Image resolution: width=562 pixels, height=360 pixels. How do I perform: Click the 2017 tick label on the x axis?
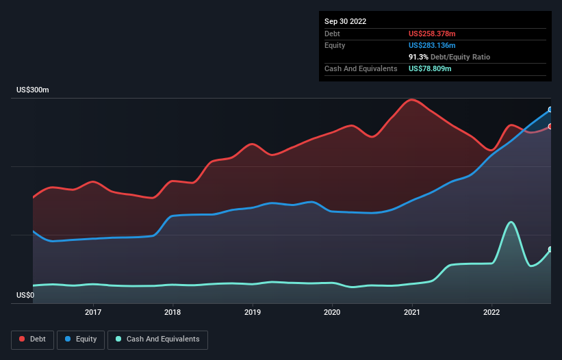click(93, 312)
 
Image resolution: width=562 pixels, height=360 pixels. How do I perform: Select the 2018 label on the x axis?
click(173, 312)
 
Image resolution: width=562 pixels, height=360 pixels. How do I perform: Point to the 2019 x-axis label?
click(253, 312)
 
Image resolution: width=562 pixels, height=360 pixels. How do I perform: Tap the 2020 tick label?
click(332, 312)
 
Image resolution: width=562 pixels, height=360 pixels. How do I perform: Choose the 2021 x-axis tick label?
click(412, 312)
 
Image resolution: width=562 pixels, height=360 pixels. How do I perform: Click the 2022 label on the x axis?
click(491, 312)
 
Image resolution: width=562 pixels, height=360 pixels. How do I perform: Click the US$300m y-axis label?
click(34, 90)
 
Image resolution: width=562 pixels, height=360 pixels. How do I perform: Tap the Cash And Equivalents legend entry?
click(157, 339)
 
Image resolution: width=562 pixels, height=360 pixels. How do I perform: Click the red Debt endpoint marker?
click(550, 126)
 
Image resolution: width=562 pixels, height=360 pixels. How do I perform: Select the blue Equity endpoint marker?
click(550, 110)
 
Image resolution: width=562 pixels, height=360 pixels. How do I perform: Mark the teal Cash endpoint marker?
click(550, 249)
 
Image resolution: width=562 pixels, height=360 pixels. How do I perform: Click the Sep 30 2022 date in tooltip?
click(345, 21)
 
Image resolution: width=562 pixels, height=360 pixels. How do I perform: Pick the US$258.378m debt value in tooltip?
click(431, 34)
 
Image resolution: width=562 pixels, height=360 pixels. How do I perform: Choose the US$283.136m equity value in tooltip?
click(431, 45)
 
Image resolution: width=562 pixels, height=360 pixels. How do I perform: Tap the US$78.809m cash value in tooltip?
click(430, 68)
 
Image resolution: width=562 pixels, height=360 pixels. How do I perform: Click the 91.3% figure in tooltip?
click(419, 57)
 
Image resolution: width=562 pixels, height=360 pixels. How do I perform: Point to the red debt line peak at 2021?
click(411, 100)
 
